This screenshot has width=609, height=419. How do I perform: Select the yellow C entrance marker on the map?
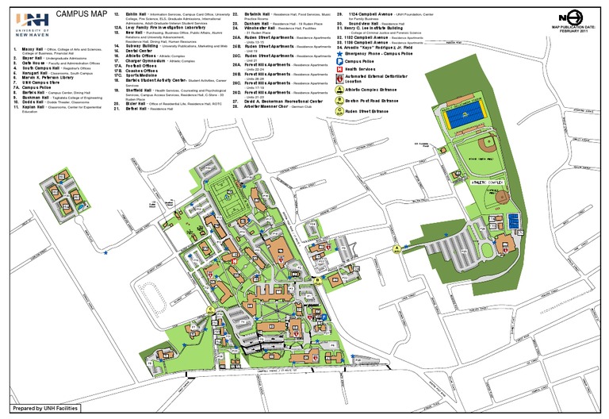click(x=210, y=309)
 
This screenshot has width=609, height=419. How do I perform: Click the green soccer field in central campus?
click(x=224, y=190)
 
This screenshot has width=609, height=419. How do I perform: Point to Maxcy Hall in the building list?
click(x=33, y=48)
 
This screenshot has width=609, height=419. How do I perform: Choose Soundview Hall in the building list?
click(x=364, y=25)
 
